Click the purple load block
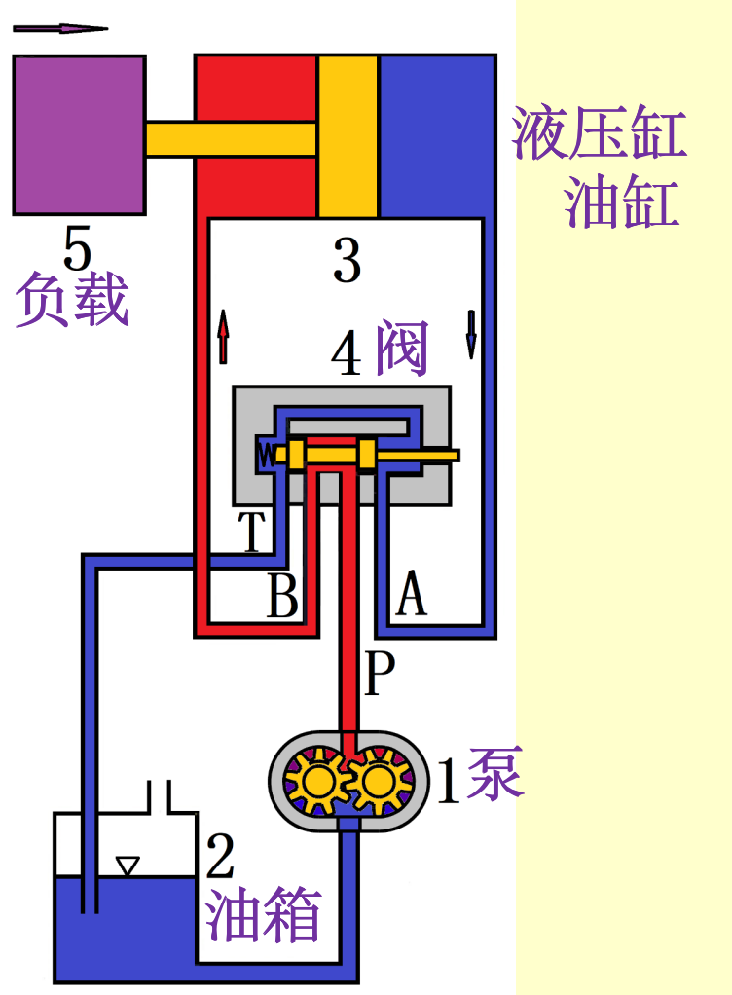(79, 134)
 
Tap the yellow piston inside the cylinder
(348, 136)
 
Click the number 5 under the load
(77, 248)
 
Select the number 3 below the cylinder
(347, 260)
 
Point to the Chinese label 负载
(72, 299)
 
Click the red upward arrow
(223, 337)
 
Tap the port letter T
(252, 532)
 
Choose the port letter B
(282, 596)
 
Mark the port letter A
(412, 595)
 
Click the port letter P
(380, 674)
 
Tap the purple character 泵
(495, 774)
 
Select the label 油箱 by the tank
(263, 916)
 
